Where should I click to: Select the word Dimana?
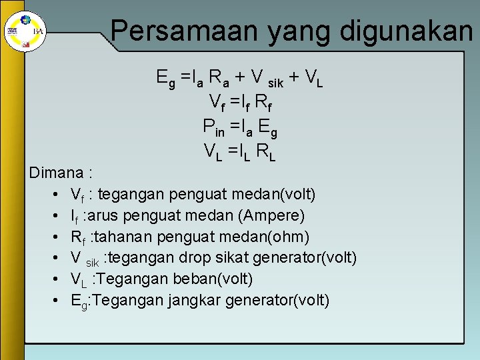tap(55, 173)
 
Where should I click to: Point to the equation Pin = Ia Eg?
tap(239, 125)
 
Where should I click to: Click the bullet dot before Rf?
tap(53, 237)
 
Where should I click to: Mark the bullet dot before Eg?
tap(53, 300)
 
